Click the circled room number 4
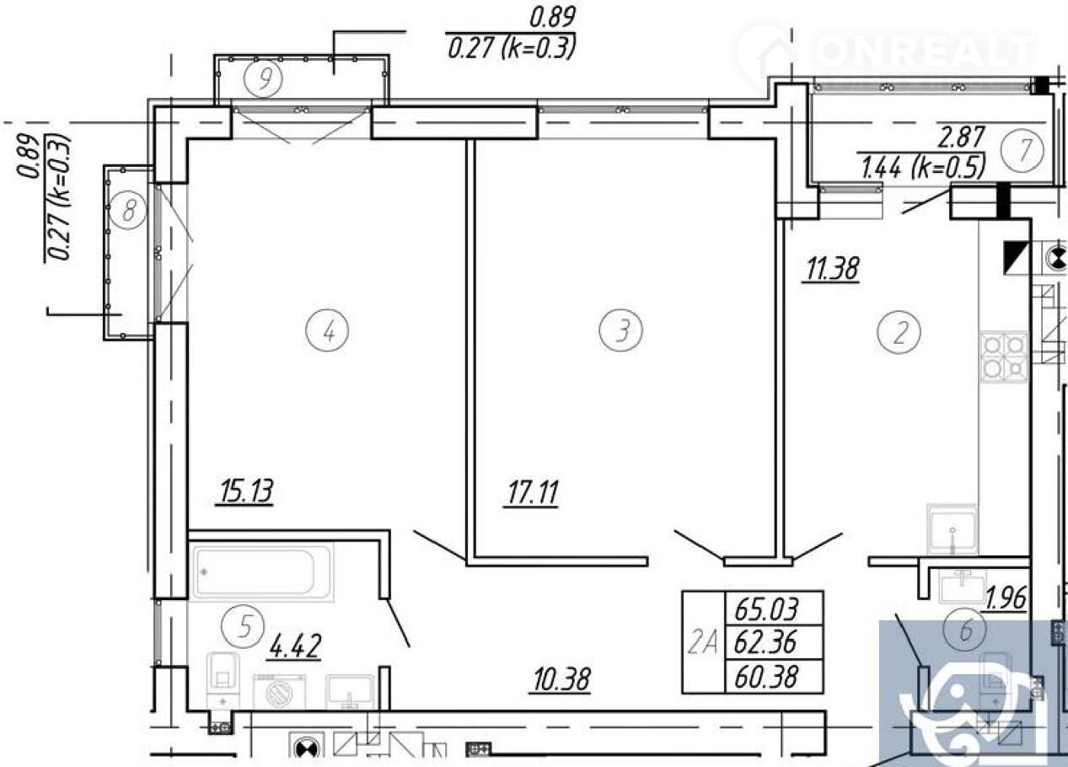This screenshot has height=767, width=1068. [x=327, y=330]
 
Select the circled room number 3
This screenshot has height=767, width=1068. [x=620, y=330]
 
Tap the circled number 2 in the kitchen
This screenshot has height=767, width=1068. [x=899, y=332]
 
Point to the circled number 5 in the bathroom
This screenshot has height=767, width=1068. [x=244, y=626]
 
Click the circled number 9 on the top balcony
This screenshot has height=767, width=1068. [x=263, y=78]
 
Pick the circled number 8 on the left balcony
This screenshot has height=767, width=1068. [x=128, y=210]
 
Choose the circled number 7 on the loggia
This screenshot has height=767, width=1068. [x=1022, y=150]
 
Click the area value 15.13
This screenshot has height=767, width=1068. [x=245, y=492]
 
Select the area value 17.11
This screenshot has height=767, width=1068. [x=532, y=493]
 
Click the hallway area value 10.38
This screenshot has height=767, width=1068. [x=561, y=678]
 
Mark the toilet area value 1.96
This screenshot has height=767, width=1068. [x=1005, y=598]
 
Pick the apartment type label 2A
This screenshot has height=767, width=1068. [x=702, y=643]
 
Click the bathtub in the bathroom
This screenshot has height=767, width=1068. [x=261, y=572]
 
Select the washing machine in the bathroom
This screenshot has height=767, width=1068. [x=279, y=692]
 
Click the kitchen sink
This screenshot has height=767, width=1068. [x=952, y=529]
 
